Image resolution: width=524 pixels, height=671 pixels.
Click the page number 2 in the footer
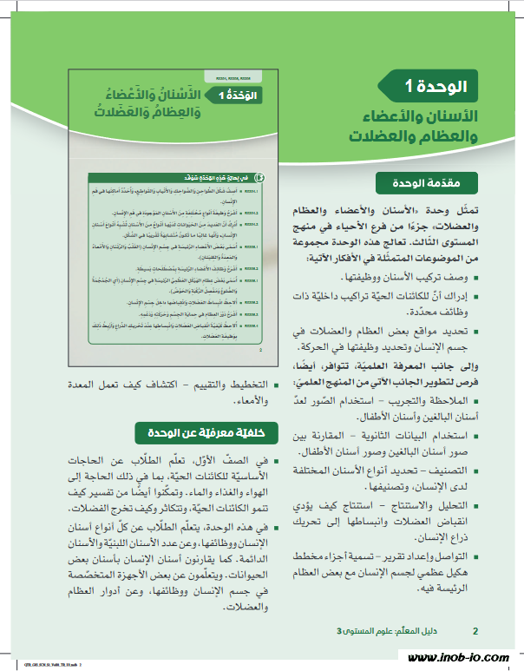475,630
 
